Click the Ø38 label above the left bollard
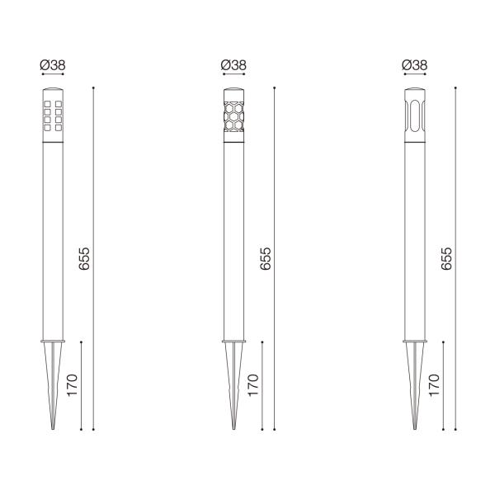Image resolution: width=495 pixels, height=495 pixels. click(53, 64)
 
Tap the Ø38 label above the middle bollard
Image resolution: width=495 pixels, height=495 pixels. click(233, 64)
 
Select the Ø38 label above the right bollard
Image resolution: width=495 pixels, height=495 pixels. click(414, 64)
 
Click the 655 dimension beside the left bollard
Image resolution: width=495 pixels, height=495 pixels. click(82, 259)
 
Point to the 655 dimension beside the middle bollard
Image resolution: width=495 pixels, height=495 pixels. click(264, 259)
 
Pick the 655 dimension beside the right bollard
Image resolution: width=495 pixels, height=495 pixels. click(445, 259)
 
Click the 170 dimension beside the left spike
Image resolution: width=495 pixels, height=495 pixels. click(72, 384)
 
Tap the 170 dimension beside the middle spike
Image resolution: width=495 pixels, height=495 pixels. click(253, 384)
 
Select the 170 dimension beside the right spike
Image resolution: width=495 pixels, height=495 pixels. click(435, 384)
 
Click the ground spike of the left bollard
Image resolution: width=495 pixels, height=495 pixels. click(53, 384)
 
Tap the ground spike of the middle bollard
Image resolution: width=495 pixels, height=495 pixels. click(233, 384)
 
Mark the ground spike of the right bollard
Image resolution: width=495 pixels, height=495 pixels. click(414, 384)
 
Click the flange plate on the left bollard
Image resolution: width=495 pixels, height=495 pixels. click(53, 340)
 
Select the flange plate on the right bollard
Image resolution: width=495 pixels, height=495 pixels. click(414, 340)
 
